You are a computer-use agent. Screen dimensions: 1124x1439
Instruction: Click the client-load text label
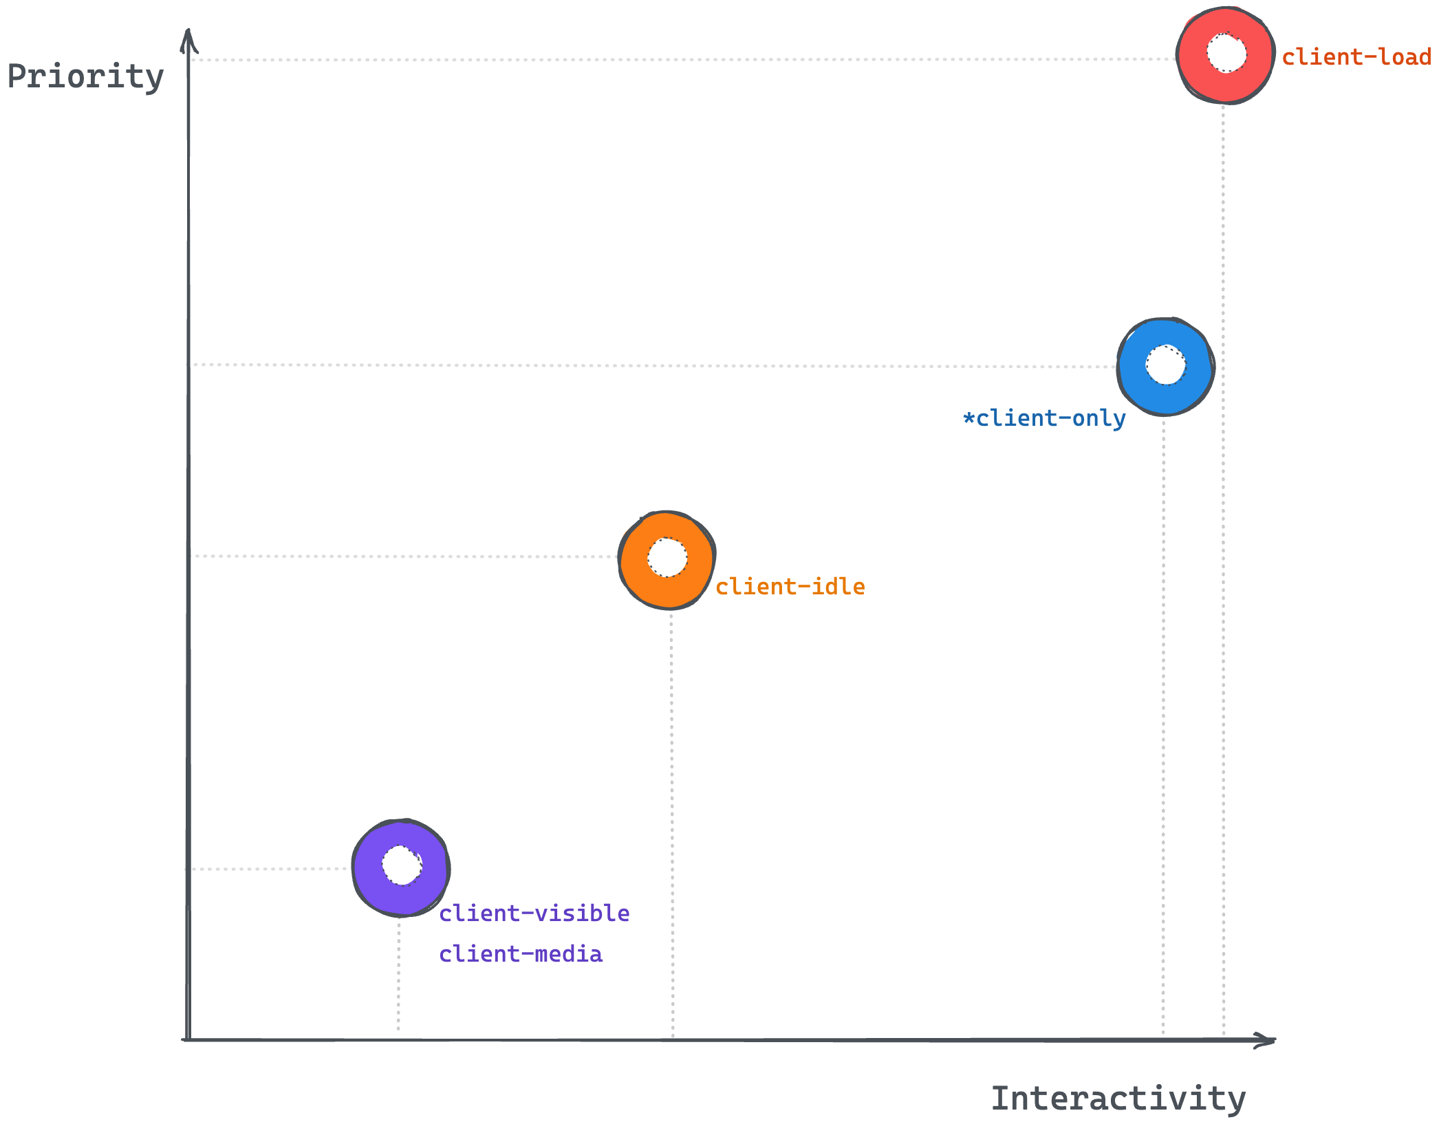click(1356, 57)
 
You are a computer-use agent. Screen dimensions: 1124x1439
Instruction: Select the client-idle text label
click(790, 587)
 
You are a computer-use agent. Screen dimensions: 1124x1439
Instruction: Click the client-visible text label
click(534, 914)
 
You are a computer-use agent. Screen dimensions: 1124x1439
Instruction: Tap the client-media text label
click(521, 954)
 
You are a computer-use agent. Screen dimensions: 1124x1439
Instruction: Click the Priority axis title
click(85, 76)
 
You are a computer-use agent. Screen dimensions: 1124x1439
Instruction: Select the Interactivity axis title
click(1118, 1099)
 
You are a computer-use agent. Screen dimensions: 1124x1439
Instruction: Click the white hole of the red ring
click(1226, 53)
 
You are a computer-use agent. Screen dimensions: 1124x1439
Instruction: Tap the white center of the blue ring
click(1166, 365)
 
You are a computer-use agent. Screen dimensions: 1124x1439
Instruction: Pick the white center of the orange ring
click(667, 557)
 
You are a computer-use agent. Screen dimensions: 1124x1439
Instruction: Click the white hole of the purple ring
click(402, 865)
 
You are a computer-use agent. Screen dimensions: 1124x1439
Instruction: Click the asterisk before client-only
click(969, 418)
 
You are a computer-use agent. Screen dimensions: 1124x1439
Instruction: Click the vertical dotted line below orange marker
click(672, 825)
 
